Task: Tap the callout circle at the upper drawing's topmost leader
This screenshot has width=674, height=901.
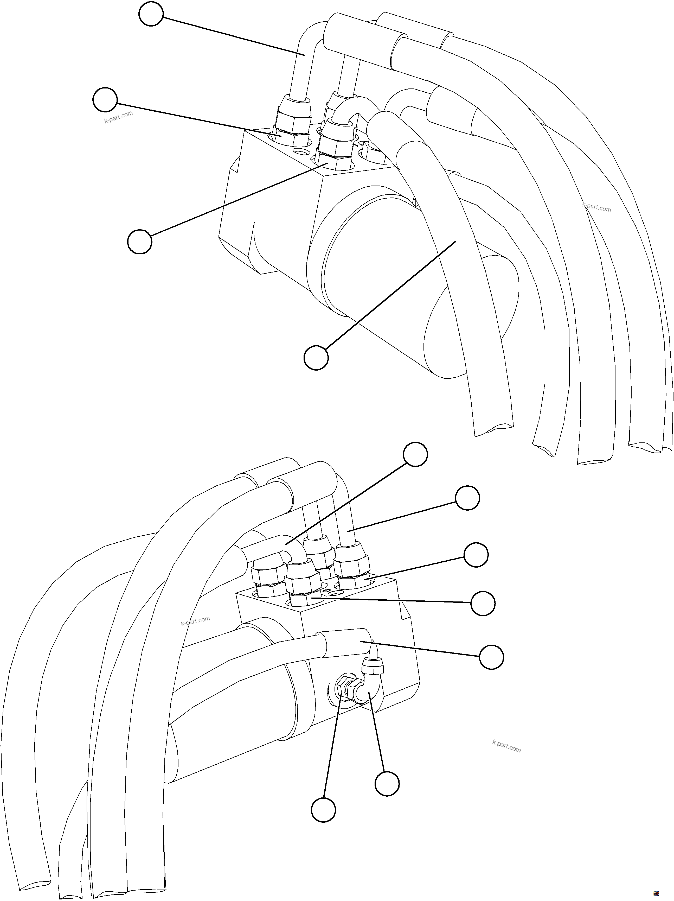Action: [151, 14]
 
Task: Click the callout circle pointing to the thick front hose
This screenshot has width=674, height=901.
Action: [316, 358]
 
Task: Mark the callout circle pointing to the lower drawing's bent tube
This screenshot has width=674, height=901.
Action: [415, 455]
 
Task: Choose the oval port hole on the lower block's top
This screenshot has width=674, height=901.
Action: [335, 594]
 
